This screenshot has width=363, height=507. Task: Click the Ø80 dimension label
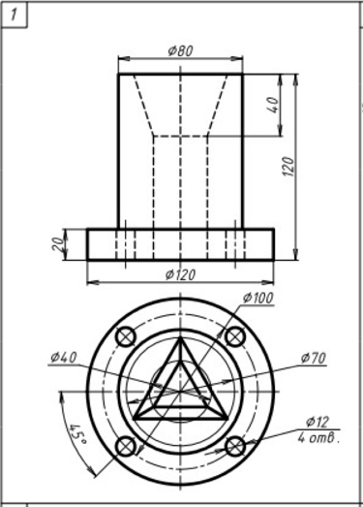tap(180, 50)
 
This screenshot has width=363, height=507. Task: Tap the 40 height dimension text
tap(273, 105)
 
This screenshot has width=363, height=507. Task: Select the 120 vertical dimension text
tap(288, 167)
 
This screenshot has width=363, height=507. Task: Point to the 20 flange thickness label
tap(57, 243)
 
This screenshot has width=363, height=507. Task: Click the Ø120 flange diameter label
tap(180, 275)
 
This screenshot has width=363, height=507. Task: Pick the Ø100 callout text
tap(258, 298)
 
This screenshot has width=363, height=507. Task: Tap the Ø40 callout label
tap(64, 358)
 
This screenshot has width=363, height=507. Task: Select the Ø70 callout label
tap(314, 358)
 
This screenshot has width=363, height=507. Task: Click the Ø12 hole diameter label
tap(318, 422)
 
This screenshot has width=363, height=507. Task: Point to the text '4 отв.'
tap(318, 438)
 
